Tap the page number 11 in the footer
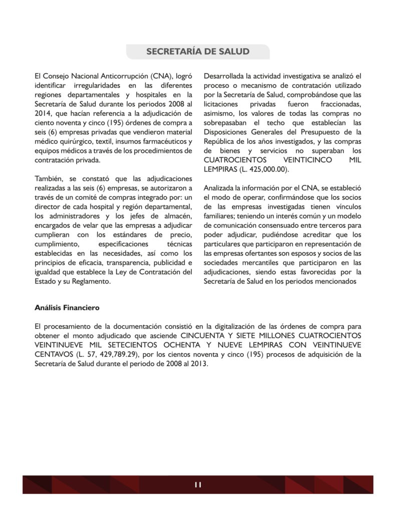click(198, 484)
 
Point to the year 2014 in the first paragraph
click(43, 114)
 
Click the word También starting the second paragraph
click(49, 179)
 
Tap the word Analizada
click(220, 188)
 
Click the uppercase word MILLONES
click(273, 335)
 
